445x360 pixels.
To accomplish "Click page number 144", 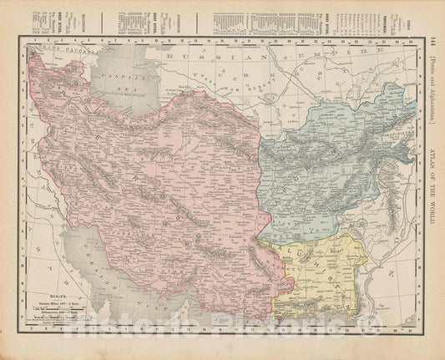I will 432,43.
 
